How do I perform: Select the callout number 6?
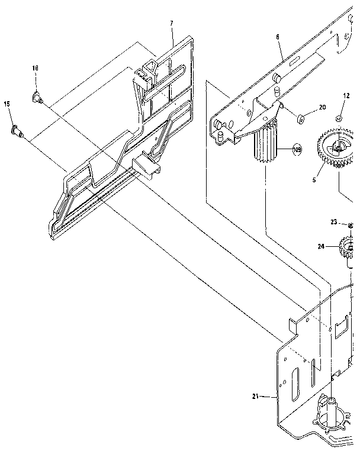click(277, 37)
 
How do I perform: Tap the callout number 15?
click(7, 104)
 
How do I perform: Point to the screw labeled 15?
click(17, 131)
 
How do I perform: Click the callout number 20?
click(322, 108)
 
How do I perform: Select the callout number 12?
click(346, 95)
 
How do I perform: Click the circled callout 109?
click(297, 150)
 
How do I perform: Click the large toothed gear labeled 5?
click(336, 147)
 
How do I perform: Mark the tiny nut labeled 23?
click(351, 224)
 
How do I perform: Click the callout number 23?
click(333, 223)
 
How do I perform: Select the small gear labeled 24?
click(346, 245)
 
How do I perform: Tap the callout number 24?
click(320, 246)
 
